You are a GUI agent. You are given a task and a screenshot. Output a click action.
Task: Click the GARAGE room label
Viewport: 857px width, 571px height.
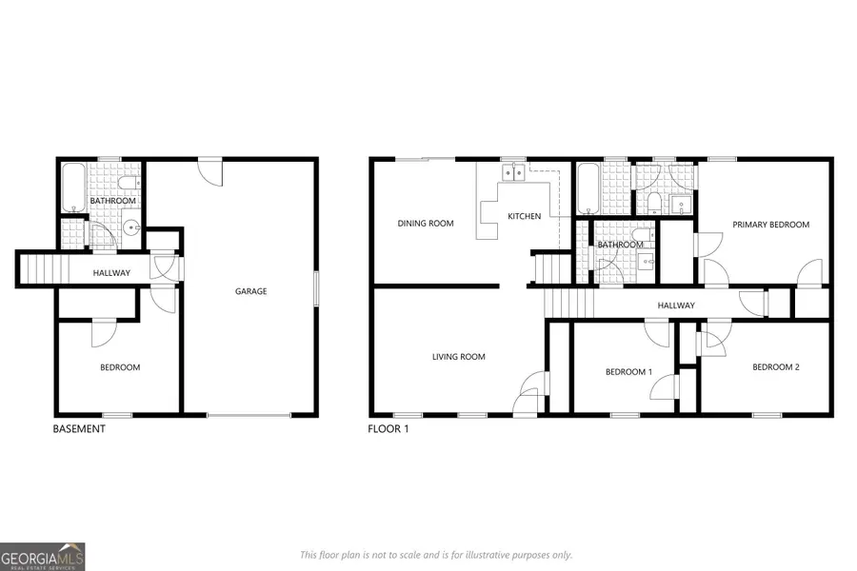pyautogui.click(x=251, y=291)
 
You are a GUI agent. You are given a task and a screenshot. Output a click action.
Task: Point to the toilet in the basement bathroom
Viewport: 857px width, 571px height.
pyautogui.click(x=130, y=183)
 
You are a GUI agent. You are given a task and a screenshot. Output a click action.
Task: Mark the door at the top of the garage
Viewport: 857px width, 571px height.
pyautogui.click(x=209, y=171)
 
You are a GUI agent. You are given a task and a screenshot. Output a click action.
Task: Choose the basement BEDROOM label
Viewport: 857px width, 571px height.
pyautogui.click(x=120, y=367)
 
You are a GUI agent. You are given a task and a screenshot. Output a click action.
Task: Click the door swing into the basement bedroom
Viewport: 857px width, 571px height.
pyautogui.click(x=103, y=331)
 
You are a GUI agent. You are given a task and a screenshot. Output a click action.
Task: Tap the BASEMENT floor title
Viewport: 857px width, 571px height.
pyautogui.click(x=78, y=429)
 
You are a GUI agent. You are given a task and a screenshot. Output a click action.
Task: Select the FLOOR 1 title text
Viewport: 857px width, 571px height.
pyautogui.click(x=389, y=429)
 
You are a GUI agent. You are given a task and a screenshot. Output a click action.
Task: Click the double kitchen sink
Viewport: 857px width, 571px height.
pyautogui.click(x=513, y=172)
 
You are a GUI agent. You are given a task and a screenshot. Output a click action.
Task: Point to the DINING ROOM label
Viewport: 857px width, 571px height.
pyautogui.click(x=425, y=224)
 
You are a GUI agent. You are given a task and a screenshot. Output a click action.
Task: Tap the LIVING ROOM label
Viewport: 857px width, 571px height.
pyautogui.click(x=458, y=357)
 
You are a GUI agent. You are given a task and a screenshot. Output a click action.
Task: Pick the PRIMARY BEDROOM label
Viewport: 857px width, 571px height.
pyautogui.click(x=770, y=225)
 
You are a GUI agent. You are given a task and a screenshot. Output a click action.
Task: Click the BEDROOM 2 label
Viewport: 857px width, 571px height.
pyautogui.click(x=775, y=367)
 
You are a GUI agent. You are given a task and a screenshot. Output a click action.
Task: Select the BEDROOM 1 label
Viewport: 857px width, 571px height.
pyautogui.click(x=628, y=372)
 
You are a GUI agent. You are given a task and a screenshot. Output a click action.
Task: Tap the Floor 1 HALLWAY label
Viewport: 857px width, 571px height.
pyautogui.click(x=676, y=305)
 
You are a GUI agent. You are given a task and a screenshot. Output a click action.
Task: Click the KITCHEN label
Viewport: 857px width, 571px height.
pyautogui.click(x=524, y=216)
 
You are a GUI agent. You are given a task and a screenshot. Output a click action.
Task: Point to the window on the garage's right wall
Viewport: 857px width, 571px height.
pyautogui.click(x=316, y=289)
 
